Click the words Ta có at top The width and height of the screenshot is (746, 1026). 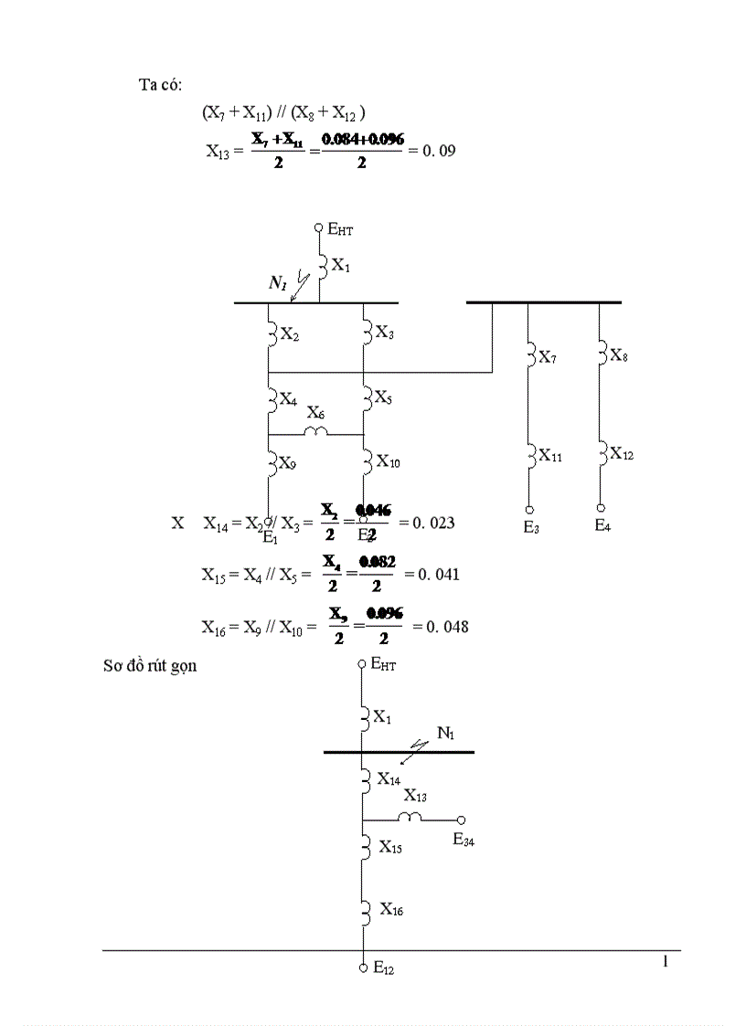coord(160,85)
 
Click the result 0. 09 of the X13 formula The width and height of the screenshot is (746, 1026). coord(437,149)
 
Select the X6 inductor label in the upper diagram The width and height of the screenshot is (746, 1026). coord(315,413)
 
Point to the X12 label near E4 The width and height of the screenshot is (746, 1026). coord(622,452)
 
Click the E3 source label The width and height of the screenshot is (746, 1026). coord(531,527)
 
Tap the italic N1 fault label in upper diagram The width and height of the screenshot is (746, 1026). coord(278,284)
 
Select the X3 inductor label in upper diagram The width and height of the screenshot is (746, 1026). coord(385,334)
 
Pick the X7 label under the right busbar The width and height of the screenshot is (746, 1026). coord(547,357)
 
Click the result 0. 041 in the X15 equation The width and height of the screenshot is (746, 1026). coord(438,575)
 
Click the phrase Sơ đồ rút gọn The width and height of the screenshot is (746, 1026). coord(149,666)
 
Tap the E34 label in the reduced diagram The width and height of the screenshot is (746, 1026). coord(464,840)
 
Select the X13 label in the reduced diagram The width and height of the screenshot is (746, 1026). coord(416,796)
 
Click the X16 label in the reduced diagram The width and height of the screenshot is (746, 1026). coord(392,909)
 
